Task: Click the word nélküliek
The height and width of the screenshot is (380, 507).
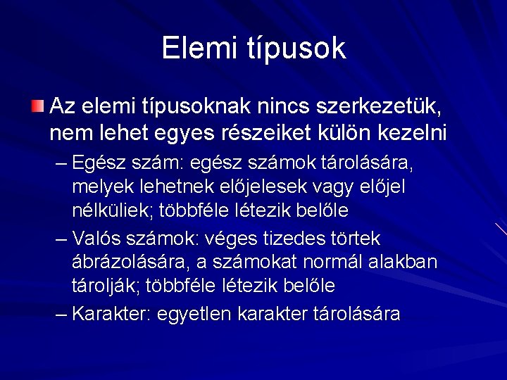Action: (115, 210)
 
